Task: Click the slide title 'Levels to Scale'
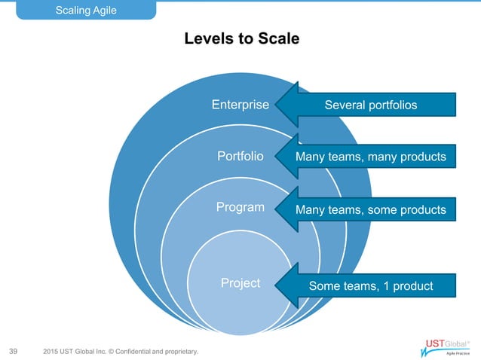pyautogui.click(x=241, y=38)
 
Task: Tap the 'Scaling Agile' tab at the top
pyautogui.click(x=88, y=10)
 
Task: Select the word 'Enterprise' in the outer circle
pyautogui.click(x=240, y=105)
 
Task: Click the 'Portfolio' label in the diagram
pyautogui.click(x=240, y=157)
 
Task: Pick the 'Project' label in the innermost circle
pyautogui.click(x=240, y=283)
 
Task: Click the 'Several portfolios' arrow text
pyautogui.click(x=370, y=105)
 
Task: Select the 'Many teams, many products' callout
pyautogui.click(x=370, y=157)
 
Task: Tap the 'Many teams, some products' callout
pyautogui.click(x=370, y=209)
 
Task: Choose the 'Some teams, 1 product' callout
pyautogui.click(x=370, y=285)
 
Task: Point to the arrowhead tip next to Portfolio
pyautogui.click(x=277, y=157)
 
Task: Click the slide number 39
pyautogui.click(x=13, y=351)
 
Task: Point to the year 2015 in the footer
pyautogui.click(x=52, y=351)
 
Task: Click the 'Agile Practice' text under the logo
pyautogui.click(x=458, y=352)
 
